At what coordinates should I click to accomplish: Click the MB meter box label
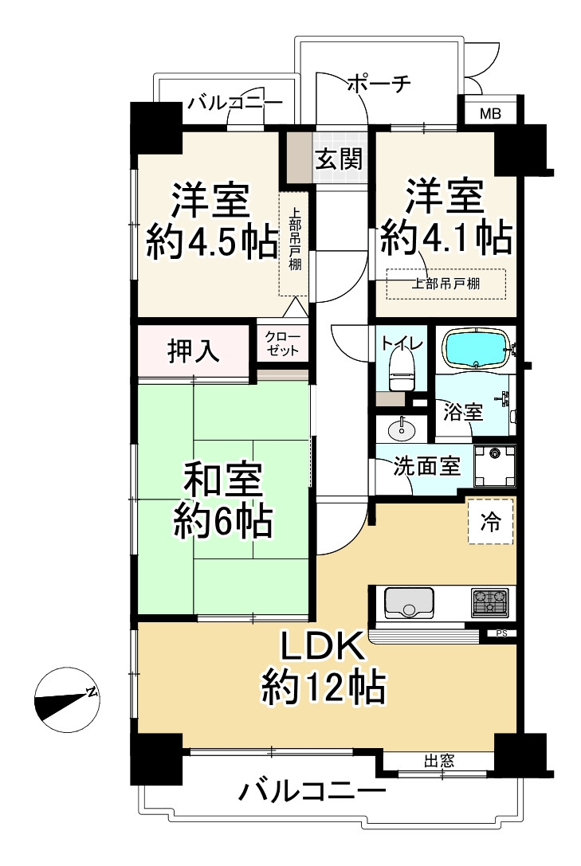pyautogui.click(x=490, y=114)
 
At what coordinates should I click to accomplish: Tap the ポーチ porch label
pyautogui.click(x=380, y=84)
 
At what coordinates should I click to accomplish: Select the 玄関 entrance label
pyautogui.click(x=339, y=159)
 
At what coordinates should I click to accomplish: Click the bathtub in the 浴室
pyautogui.click(x=476, y=348)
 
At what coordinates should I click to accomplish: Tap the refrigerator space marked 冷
pyautogui.click(x=490, y=521)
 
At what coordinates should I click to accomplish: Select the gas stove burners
pyautogui.click(x=490, y=602)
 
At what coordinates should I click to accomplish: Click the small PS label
pyautogui.click(x=501, y=633)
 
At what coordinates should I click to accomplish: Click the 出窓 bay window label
pyautogui.click(x=439, y=761)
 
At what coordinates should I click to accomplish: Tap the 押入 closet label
pyautogui.click(x=194, y=351)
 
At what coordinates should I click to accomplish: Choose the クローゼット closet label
pyautogui.click(x=282, y=343)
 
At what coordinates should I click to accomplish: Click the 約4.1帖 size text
pyautogui.click(x=446, y=237)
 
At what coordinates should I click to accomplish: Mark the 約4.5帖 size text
pyautogui.click(x=212, y=241)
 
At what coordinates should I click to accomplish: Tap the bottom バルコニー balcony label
pyautogui.click(x=312, y=792)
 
